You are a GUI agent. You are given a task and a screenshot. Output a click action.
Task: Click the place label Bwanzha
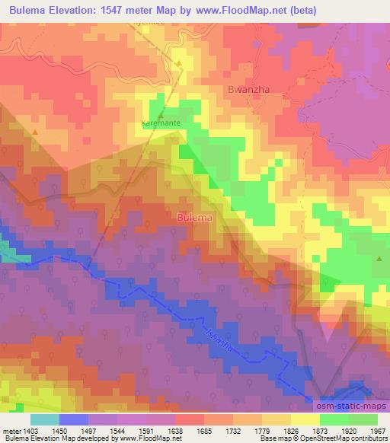tap(246, 89)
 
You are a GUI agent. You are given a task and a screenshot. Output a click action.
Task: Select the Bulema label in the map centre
tap(194, 217)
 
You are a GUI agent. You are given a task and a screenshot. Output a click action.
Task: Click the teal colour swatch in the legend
tap(45, 419)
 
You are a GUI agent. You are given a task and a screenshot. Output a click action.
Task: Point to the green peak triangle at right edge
tap(379, 260)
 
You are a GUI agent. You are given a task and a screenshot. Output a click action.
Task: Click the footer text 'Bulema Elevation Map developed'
tap(53, 439)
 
